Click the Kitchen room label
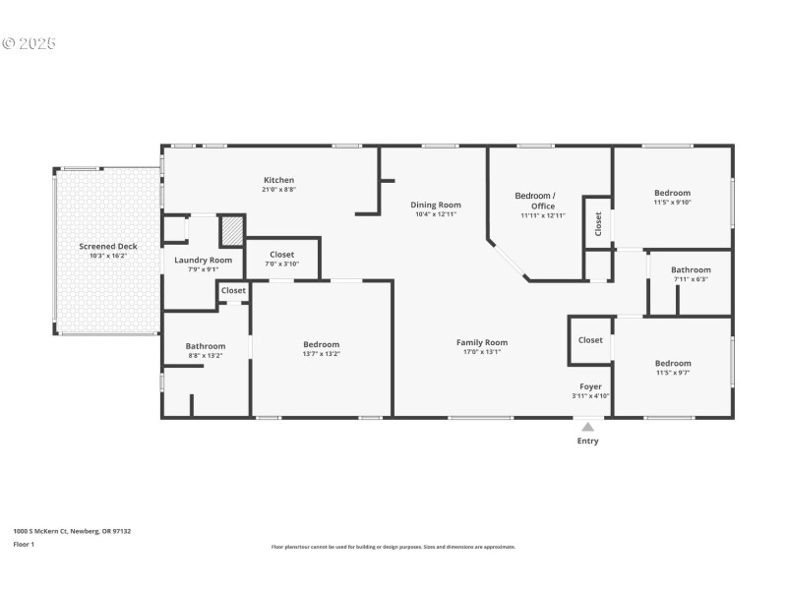tap(278, 180)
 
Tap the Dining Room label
tap(436, 205)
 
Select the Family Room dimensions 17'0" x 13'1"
tap(481, 352)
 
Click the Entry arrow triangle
tap(587, 427)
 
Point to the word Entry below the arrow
tap(587, 442)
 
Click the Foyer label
tap(590, 386)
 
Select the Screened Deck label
tap(108, 246)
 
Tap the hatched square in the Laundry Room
tap(231, 230)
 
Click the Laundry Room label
tap(204, 260)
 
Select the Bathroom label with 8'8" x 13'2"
tap(206, 346)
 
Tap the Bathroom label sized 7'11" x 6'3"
tap(691, 269)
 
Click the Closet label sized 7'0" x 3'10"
tap(282, 255)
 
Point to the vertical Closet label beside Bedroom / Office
tap(598, 224)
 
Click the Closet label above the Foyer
tap(590, 340)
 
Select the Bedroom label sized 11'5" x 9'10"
tap(672, 193)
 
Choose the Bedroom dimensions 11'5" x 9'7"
tap(672, 373)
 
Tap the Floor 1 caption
tap(24, 544)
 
